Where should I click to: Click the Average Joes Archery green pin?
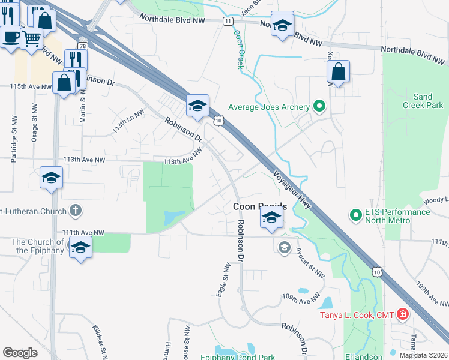tap(319, 107)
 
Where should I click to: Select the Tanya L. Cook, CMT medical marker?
tap(402, 314)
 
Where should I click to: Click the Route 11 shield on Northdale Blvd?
tap(228, 21)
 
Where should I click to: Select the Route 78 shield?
tap(82, 46)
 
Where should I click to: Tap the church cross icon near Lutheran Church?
tap(75, 211)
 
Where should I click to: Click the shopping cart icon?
tap(31, 38)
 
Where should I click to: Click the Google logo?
tap(20, 353)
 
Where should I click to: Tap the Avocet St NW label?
tap(309, 264)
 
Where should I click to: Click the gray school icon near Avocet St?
tap(284, 247)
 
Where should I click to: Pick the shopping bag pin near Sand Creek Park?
tap(339, 71)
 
